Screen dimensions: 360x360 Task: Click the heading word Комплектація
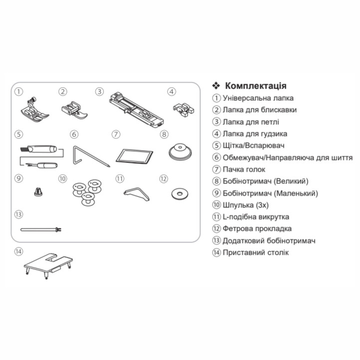click(x=256, y=86)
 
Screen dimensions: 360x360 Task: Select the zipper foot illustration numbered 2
click(x=74, y=110)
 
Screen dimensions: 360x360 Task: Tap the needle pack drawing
click(x=134, y=157)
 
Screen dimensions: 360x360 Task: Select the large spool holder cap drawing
click(x=180, y=151)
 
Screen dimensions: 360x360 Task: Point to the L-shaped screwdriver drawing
click(x=137, y=194)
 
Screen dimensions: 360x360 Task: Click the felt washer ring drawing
click(x=180, y=194)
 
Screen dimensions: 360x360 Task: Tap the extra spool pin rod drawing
click(x=41, y=229)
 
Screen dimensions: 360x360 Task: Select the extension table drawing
click(x=48, y=266)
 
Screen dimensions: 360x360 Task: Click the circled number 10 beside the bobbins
click(x=62, y=179)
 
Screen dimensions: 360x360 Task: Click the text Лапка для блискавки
click(x=260, y=110)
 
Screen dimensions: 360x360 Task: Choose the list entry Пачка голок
click(x=244, y=169)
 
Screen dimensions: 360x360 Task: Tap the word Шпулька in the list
click(x=236, y=205)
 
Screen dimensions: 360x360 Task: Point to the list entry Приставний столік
click(x=256, y=253)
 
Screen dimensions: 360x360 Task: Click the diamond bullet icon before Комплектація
click(x=216, y=86)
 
